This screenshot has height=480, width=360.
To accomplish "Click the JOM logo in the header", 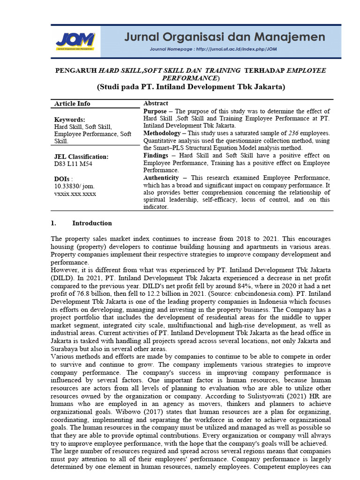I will [x=75, y=41].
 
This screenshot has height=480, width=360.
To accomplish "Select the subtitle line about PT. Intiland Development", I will [x=191, y=87].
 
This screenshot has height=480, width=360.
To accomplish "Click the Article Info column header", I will [x=72, y=104].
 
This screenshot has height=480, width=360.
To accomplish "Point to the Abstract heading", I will [x=156, y=103].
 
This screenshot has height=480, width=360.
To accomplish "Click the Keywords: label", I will [x=70, y=120].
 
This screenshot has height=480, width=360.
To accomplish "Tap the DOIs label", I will [x=63, y=179].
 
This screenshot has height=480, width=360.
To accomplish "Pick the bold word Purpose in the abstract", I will [x=155, y=111].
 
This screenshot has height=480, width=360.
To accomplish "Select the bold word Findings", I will [x=156, y=156].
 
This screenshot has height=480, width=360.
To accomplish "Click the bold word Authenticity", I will [x=161, y=178].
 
